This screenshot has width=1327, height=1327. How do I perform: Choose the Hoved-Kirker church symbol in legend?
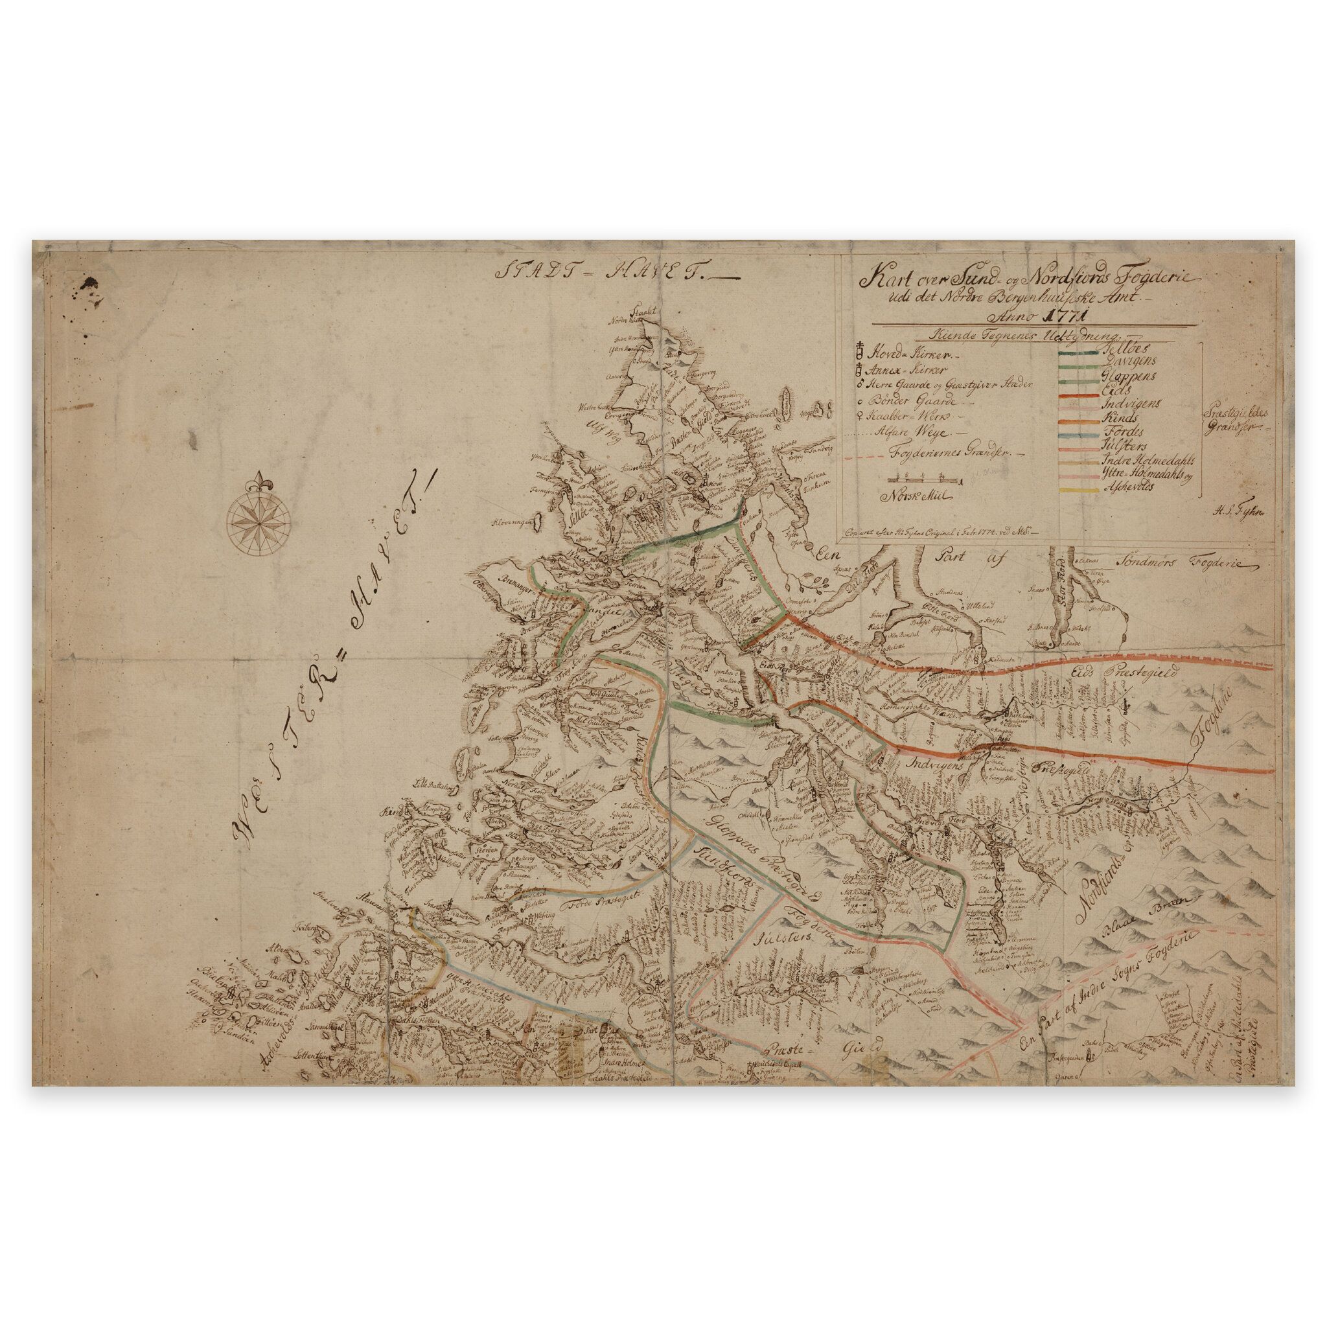pos(859,354)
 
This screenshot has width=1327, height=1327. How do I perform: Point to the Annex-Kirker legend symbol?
pos(859,370)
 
